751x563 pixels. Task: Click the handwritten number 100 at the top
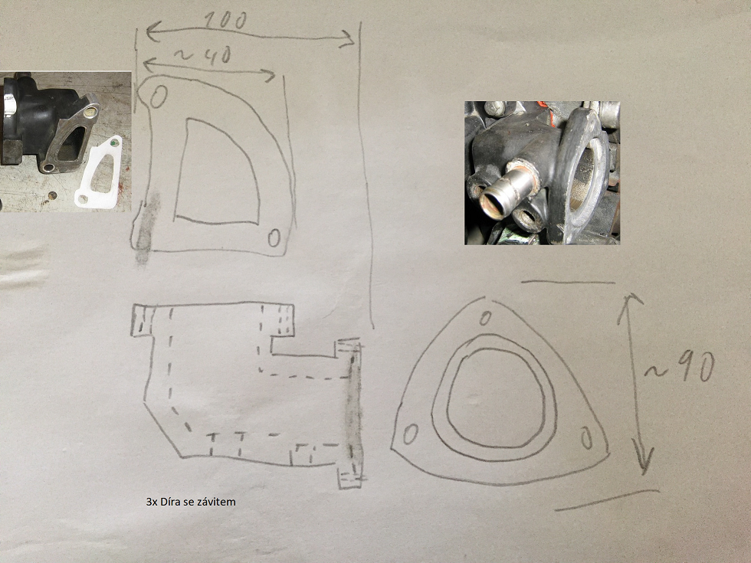point(225,21)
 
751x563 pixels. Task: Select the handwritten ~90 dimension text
point(680,368)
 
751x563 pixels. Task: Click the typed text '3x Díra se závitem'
point(191,502)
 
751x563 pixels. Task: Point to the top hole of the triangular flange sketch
point(485,318)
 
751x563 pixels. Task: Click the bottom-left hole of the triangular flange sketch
point(410,435)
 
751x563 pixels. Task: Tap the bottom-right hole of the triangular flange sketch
point(586,438)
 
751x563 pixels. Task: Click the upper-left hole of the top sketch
point(159,97)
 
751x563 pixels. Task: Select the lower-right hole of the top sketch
point(274,237)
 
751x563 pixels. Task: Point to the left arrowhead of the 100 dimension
point(152,32)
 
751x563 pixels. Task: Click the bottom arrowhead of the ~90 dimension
point(644,460)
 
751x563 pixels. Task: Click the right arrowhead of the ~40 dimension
point(268,75)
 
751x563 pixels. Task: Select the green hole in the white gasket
point(113,142)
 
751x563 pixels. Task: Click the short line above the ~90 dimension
point(568,283)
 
